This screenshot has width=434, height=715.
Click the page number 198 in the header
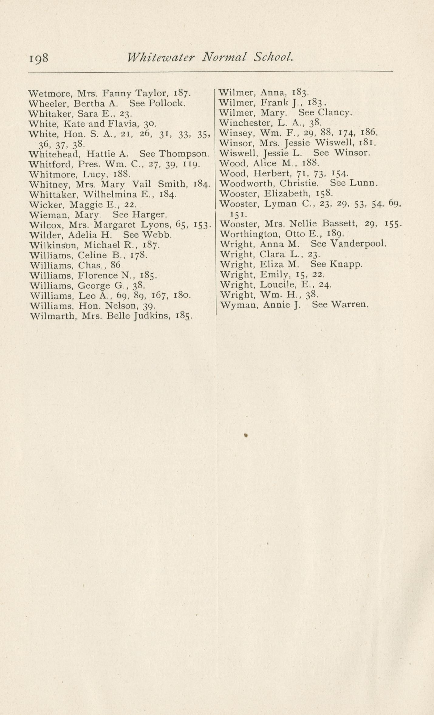39,58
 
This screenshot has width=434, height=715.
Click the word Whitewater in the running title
161,57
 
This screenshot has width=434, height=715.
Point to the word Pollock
167,103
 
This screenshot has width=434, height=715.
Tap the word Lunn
363,183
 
